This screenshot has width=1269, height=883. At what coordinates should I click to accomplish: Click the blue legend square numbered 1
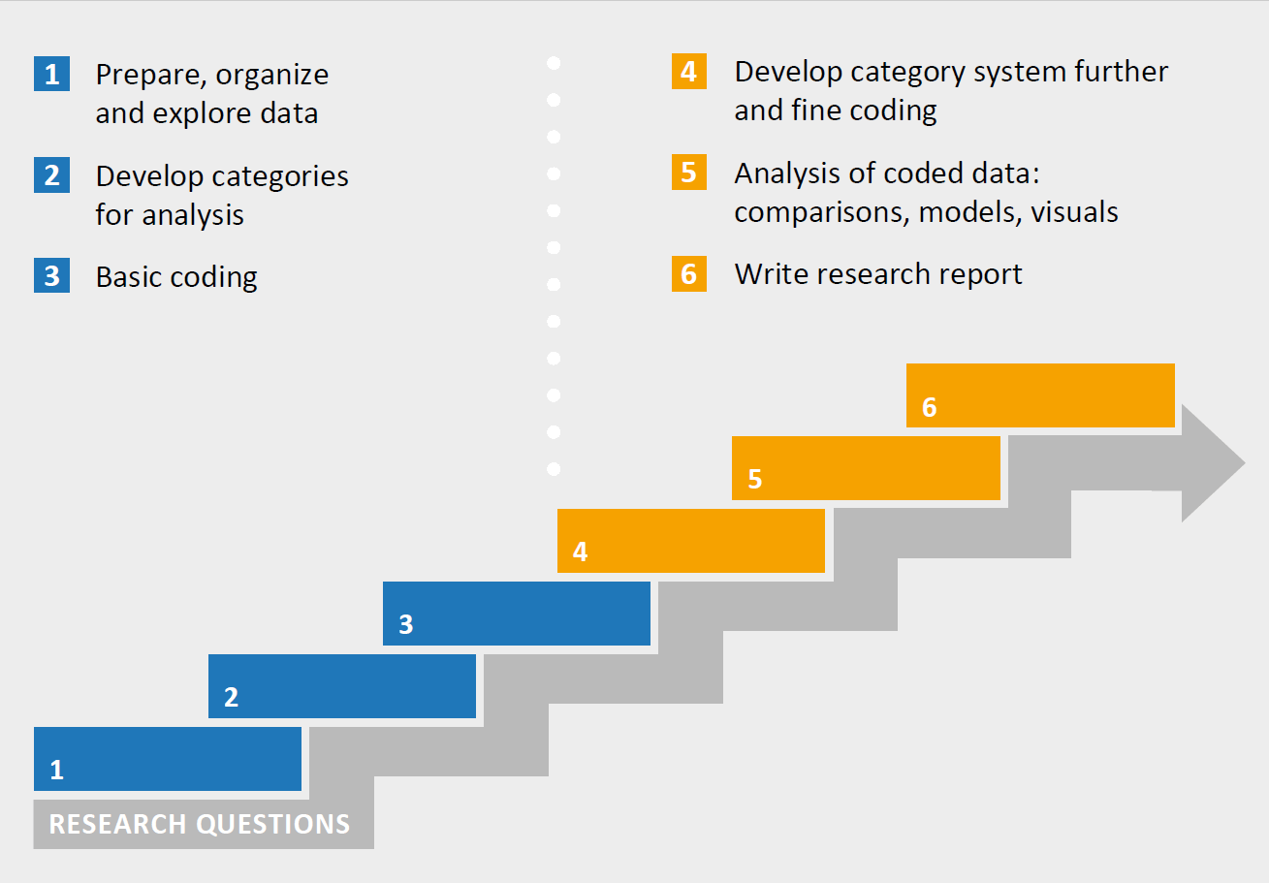[51, 75]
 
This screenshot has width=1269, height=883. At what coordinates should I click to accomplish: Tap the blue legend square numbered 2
[51, 175]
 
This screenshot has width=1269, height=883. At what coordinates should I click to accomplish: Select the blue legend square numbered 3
[51, 276]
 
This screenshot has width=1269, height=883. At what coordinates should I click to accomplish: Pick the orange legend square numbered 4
[688, 72]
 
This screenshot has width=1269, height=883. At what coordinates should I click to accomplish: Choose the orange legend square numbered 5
[688, 173]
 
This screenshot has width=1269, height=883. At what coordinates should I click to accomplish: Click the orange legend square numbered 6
[688, 274]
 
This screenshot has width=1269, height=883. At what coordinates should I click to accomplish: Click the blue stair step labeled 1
[168, 759]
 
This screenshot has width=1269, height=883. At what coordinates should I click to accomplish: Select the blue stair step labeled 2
[342, 686]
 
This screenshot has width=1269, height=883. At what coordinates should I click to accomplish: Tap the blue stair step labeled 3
[517, 614]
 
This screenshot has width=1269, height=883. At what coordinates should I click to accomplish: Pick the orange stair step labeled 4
[691, 541]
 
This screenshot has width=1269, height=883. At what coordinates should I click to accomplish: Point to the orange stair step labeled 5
[866, 468]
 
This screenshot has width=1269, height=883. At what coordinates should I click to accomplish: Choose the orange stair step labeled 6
[1040, 395]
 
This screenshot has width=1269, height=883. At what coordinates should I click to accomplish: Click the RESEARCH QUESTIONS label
[200, 824]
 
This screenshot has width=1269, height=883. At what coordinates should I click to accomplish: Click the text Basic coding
[176, 277]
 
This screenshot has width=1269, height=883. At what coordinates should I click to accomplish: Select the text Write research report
[878, 274]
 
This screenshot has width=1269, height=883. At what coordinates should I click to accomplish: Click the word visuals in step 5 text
[1074, 212]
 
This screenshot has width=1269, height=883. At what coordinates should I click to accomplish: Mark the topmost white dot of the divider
[554, 64]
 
